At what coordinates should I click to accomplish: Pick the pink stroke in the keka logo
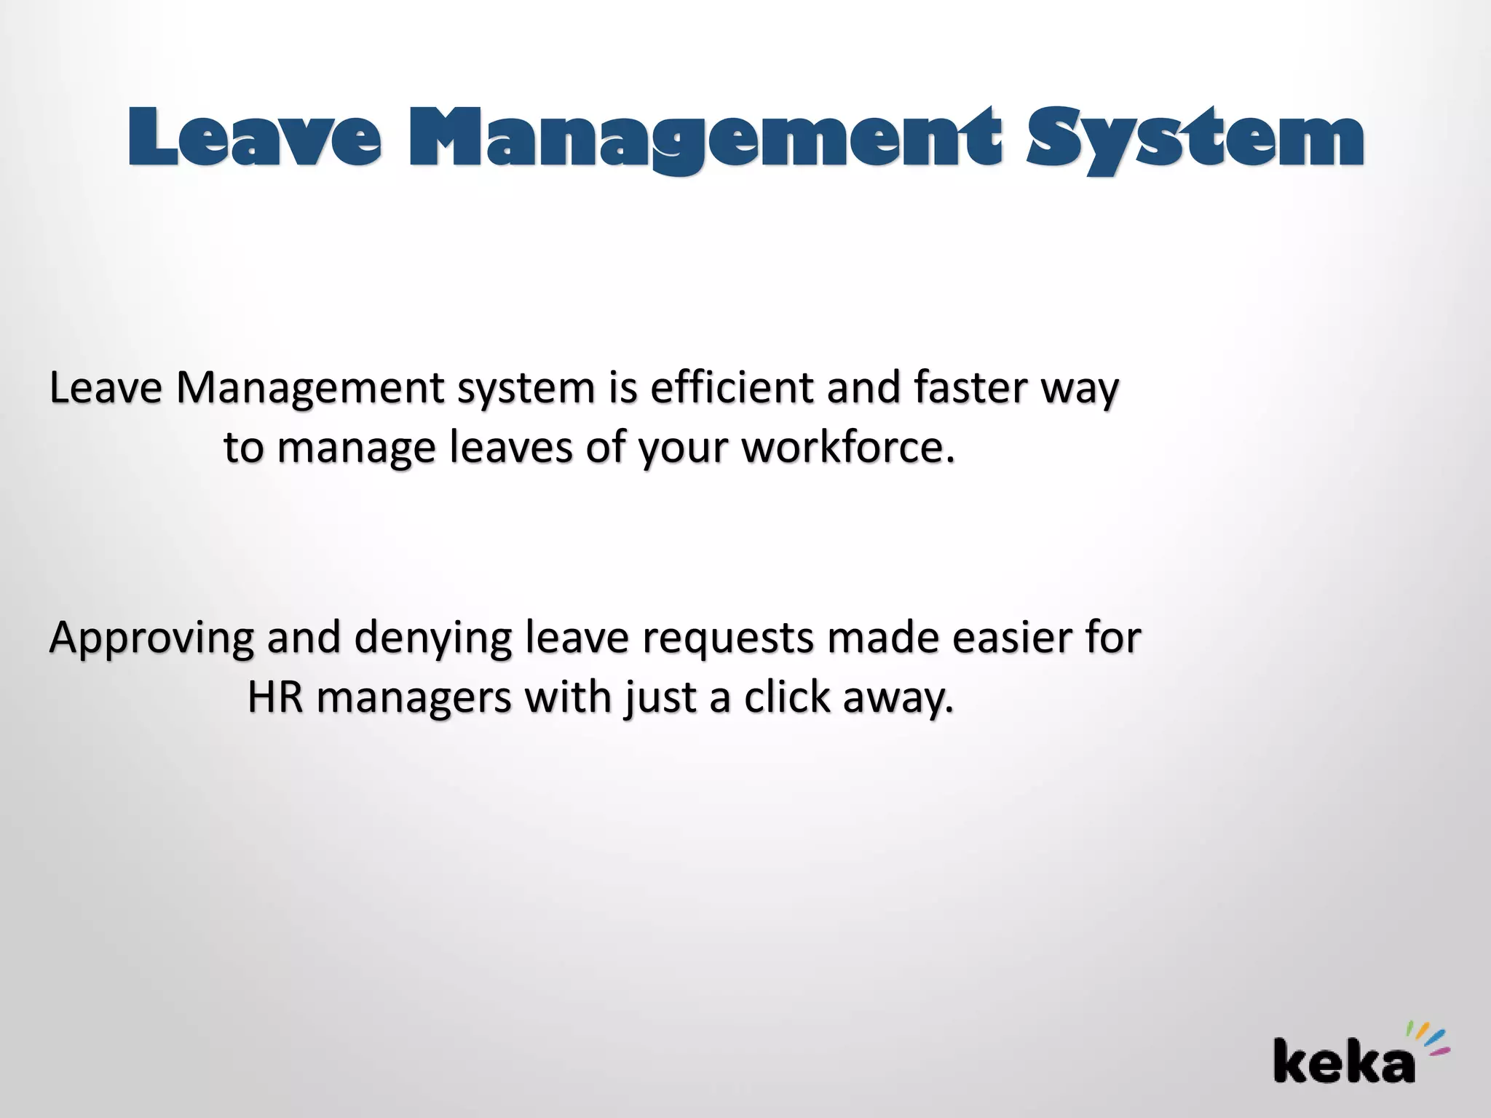click(1440, 1051)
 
